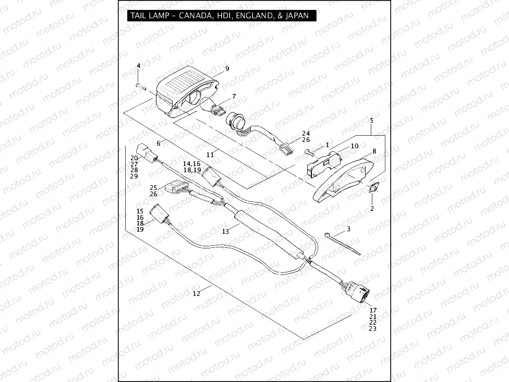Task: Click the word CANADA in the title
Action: click(194, 16)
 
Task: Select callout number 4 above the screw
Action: click(139, 65)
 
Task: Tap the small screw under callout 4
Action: click(140, 85)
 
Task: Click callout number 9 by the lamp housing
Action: click(227, 69)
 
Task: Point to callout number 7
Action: click(234, 97)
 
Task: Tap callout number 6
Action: click(158, 142)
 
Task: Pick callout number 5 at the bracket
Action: click(371, 120)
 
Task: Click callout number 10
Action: click(355, 146)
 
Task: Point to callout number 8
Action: click(374, 151)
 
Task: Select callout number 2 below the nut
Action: click(372, 209)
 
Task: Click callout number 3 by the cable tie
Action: click(348, 229)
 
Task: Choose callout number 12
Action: click(196, 293)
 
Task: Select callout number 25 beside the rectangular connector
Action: click(153, 187)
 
